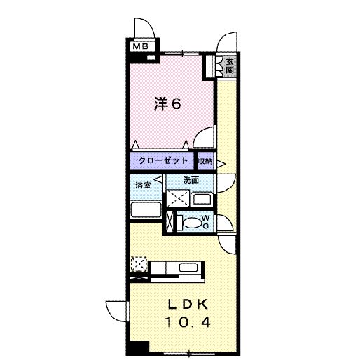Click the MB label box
click(141, 46)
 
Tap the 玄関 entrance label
click(230, 66)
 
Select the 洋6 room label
click(167, 104)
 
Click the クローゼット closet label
click(162, 160)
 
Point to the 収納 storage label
click(205, 161)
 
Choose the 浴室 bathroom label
click(143, 185)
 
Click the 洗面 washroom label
click(191, 180)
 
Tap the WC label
click(205, 222)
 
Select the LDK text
click(188, 305)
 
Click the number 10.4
click(188, 322)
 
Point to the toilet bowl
click(192, 223)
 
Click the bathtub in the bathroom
click(146, 209)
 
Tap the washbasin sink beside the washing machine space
click(202, 200)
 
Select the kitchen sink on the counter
click(188, 268)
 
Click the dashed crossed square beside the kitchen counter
click(139, 264)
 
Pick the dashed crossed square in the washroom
click(178, 198)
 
